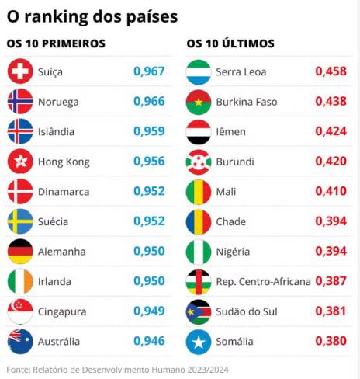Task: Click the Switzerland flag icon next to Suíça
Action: click(x=19, y=72)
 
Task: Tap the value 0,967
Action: click(x=149, y=71)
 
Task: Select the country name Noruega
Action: click(x=59, y=102)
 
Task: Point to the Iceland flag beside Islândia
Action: click(x=19, y=132)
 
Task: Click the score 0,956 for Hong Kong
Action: click(x=149, y=162)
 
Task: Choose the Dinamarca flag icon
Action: click(x=19, y=192)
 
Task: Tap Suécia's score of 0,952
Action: click(x=149, y=221)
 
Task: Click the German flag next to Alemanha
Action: click(x=19, y=252)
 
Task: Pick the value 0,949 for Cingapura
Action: click(x=149, y=311)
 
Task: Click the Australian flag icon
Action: click(x=19, y=341)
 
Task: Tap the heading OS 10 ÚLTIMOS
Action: click(x=230, y=44)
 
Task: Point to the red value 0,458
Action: click(x=331, y=71)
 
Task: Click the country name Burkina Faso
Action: click(x=246, y=102)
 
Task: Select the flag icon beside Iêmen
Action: click(x=199, y=132)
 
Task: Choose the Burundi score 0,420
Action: click(x=331, y=162)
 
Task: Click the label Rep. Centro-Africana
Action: click(x=262, y=281)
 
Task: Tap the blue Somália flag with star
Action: click(x=199, y=341)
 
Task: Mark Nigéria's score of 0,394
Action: click(x=331, y=252)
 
